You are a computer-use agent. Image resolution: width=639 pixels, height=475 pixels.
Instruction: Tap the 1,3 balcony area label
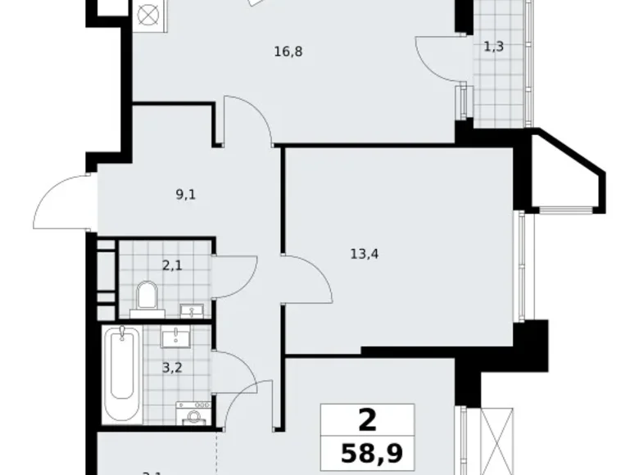(x=493, y=47)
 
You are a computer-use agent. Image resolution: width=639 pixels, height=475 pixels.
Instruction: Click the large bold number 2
(x=368, y=420)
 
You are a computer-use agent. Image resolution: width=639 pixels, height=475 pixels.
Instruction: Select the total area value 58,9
(x=368, y=451)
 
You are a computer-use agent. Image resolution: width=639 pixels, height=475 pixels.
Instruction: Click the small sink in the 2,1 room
(x=193, y=310)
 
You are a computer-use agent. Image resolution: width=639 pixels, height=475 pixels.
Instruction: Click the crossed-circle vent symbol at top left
(x=149, y=16)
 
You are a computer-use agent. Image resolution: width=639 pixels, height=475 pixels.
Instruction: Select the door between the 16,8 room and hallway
(x=248, y=119)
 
